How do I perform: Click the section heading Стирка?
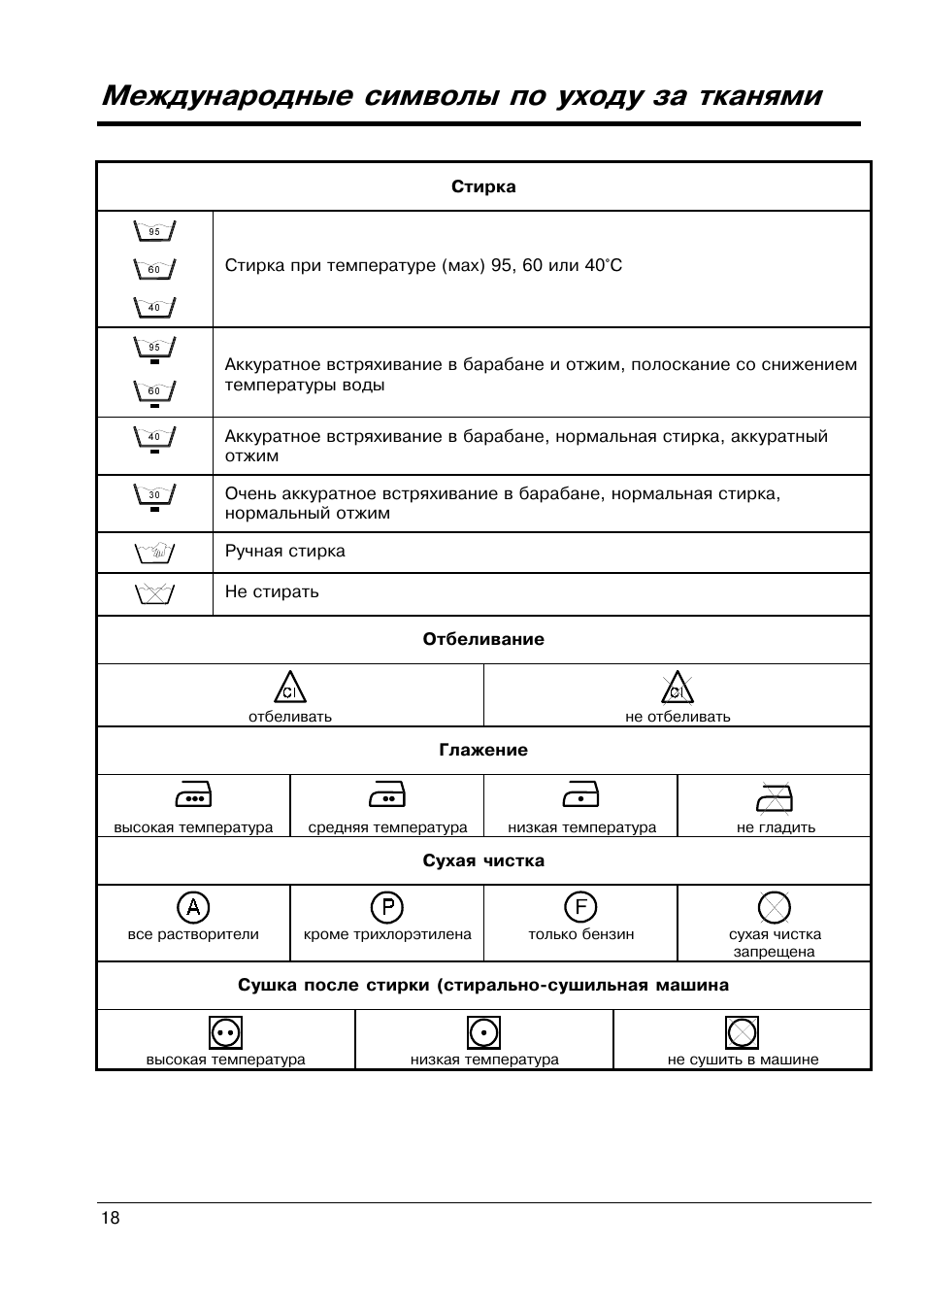point(483,187)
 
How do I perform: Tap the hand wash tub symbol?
point(154,553)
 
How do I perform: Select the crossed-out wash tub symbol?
point(154,593)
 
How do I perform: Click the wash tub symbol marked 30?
point(154,496)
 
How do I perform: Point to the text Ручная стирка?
point(284,552)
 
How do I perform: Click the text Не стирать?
point(272,592)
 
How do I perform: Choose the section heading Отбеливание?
point(483,640)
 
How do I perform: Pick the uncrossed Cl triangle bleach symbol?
point(289,688)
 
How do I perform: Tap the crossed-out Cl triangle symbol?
point(677,688)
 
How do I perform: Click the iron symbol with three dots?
point(193,796)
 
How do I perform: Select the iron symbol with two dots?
point(387,796)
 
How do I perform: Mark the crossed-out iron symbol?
point(775,796)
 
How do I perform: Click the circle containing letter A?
point(193,908)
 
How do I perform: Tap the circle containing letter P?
point(387,908)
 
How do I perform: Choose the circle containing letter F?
point(580,908)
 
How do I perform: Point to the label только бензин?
point(580,935)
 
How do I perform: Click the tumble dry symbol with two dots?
point(225,1032)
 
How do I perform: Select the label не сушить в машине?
point(743,1060)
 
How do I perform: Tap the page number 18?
point(110,1219)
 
